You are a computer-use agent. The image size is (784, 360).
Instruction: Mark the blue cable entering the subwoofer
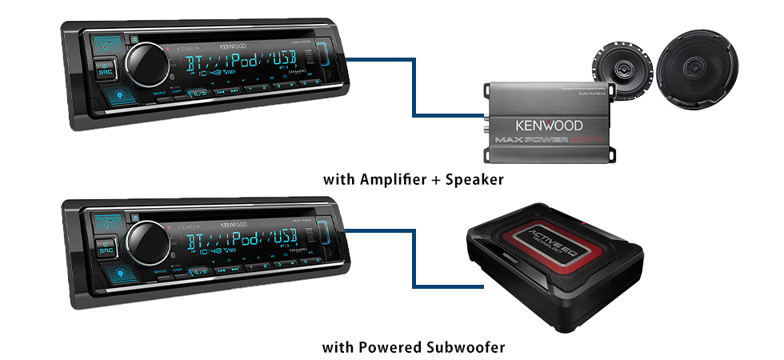[440, 286]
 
